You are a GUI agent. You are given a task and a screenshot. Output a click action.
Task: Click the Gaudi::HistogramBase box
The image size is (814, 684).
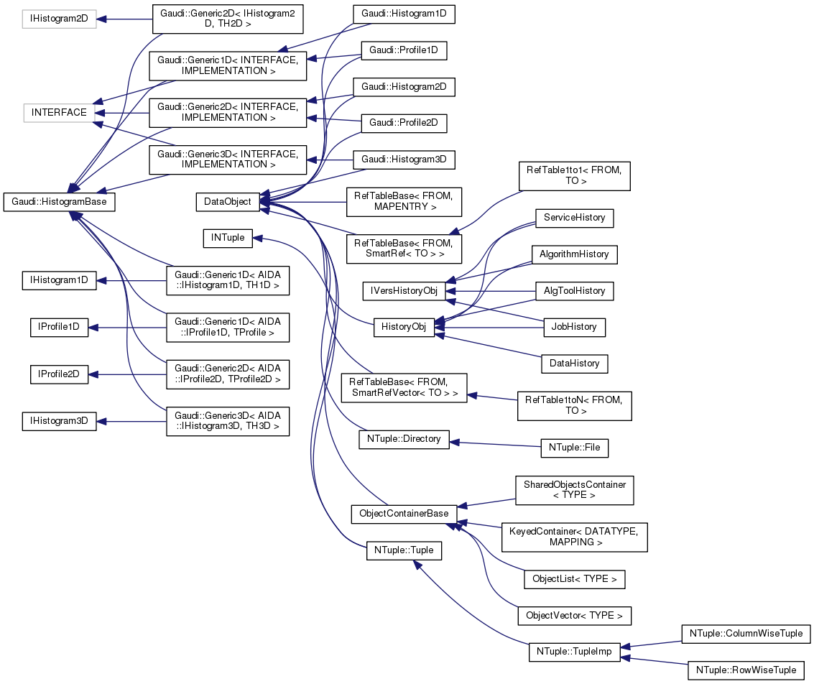click(60, 202)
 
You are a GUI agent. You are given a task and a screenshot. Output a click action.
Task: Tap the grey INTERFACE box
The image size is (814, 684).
click(59, 113)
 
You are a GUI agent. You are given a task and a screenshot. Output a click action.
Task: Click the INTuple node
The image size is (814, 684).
click(228, 237)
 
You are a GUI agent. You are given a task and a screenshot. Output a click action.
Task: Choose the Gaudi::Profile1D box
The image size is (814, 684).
click(404, 50)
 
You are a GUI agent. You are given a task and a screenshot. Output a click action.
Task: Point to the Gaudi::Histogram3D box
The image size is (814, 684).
click(404, 159)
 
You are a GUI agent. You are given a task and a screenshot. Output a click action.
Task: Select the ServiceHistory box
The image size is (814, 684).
click(574, 217)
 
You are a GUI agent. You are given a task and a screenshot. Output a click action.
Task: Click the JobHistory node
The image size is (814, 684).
click(574, 327)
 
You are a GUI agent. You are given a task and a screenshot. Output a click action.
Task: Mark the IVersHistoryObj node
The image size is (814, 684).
click(404, 290)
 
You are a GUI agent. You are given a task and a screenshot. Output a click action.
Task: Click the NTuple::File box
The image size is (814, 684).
click(574, 448)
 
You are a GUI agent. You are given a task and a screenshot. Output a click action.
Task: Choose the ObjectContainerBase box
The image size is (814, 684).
click(404, 514)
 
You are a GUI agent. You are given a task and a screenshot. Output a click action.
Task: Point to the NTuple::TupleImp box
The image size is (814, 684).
click(574, 652)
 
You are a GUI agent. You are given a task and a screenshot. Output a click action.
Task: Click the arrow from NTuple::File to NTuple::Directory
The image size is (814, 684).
click(496, 444)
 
